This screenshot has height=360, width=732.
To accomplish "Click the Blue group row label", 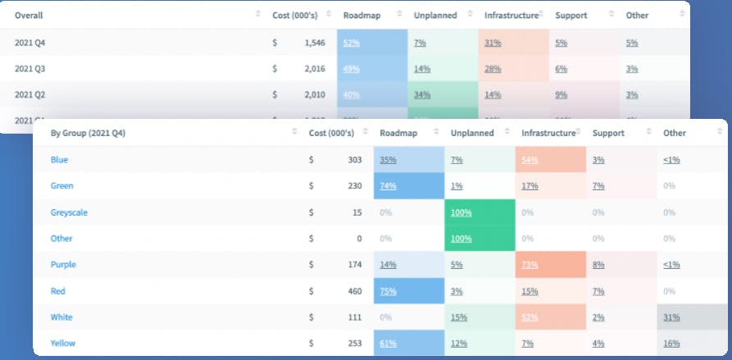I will click(60, 160).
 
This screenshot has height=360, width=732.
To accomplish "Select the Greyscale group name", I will click(69, 212).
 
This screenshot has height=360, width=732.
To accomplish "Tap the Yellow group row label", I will click(64, 343).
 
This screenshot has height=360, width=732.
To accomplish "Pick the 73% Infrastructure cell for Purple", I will click(530, 265).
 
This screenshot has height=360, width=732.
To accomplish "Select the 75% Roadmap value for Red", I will click(389, 291).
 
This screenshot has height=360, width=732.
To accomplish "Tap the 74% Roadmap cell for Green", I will click(389, 186).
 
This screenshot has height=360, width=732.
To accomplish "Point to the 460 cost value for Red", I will click(354, 291).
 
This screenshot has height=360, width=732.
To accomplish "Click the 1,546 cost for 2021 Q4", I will click(313, 42).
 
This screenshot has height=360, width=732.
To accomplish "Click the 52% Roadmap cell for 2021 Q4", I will click(352, 42).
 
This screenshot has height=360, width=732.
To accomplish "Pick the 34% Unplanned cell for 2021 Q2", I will click(423, 94).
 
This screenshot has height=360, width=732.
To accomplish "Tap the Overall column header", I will click(29, 16).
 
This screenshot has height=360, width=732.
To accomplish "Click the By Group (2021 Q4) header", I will click(88, 133).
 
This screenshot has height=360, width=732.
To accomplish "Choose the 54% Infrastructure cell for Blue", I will click(530, 160).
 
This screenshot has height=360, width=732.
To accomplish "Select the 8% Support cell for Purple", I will click(598, 265).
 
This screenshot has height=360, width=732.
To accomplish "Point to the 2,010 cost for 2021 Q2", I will click(313, 94).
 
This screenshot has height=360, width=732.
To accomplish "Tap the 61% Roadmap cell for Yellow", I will click(389, 343).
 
